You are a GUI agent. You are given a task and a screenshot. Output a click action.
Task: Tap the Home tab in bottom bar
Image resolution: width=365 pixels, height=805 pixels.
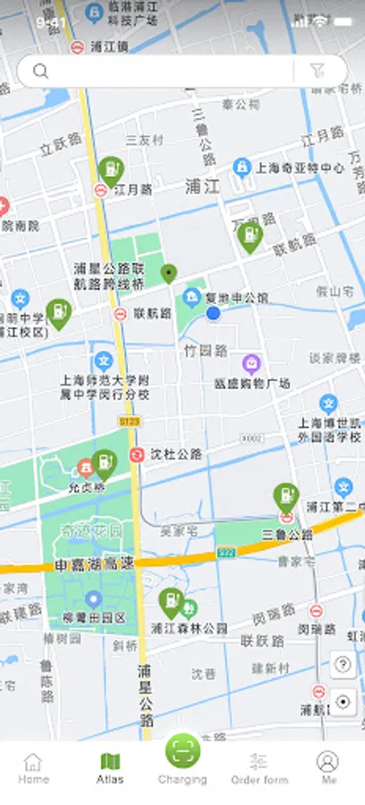pos(33,767)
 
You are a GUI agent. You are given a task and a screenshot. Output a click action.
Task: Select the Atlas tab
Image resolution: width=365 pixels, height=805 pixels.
pos(110,767)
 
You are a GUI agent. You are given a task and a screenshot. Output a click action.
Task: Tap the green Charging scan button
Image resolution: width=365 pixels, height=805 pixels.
pos(182,751)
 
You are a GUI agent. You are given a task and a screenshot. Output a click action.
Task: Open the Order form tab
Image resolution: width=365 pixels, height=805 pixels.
pos(259,767)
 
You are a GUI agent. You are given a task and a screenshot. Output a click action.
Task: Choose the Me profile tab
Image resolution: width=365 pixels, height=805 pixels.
pos(328,767)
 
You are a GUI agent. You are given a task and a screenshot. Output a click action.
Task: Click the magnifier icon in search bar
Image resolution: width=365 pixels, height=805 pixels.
pos(40,72)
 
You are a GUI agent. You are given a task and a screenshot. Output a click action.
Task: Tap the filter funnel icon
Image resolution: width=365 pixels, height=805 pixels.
pos(318,72)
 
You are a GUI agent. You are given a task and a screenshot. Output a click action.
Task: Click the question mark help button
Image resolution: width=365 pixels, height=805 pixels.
pos(342,665)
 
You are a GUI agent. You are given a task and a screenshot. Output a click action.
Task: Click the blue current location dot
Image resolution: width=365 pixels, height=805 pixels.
pos(213,313)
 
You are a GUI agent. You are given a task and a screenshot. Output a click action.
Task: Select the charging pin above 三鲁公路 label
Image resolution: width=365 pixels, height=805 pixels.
pos(285,496)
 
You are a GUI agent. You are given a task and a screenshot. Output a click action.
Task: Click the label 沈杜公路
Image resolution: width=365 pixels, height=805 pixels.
pos(175,454)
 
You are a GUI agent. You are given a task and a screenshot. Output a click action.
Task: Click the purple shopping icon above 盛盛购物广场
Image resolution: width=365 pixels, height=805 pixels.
pos(252,363)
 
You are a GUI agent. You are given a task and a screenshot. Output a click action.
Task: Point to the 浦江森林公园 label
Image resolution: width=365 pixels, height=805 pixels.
pos(190,628)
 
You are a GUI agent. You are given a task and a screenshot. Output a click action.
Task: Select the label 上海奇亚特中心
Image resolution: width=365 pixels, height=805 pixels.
pos(301,167)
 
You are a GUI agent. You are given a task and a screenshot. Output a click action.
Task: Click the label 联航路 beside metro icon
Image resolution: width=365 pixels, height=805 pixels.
pos(152,314)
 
